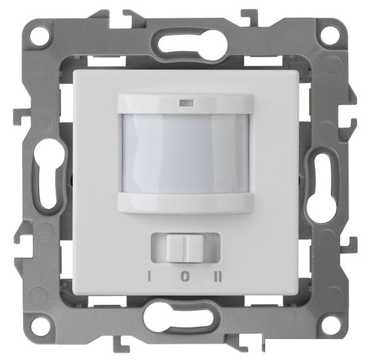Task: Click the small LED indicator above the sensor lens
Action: click(186, 103)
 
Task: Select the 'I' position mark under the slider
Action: click(149, 276)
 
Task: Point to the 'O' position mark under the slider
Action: click(185, 276)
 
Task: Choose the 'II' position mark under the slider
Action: click(218, 276)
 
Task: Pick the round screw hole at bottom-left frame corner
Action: click(41, 324)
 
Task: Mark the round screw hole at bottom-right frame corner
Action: click(329, 323)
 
